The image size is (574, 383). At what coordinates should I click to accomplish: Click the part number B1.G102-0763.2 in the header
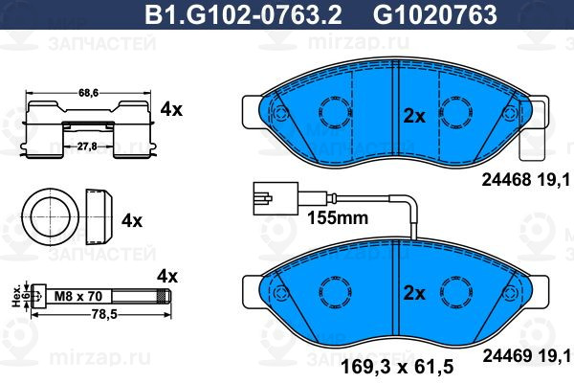(243, 14)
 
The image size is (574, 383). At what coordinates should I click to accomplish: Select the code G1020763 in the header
(435, 14)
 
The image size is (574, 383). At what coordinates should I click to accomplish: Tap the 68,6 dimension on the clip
(88, 93)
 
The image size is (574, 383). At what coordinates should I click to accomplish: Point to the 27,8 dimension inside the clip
(87, 146)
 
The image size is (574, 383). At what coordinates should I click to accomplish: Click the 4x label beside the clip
(171, 109)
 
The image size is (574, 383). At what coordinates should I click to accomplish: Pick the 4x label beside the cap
(132, 220)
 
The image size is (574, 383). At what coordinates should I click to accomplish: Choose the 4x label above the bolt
(167, 276)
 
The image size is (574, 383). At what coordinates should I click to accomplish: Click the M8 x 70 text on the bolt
(78, 296)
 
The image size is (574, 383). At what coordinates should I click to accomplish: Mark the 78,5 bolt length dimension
(103, 314)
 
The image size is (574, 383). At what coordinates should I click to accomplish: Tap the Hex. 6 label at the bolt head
(20, 296)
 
